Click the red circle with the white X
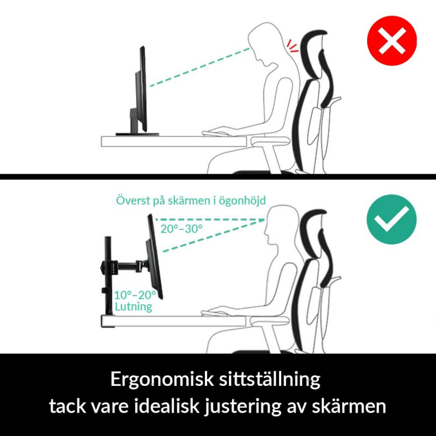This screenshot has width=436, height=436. point(391,41)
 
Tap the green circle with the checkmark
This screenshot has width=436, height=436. point(391,219)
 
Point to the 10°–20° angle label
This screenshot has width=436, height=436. point(135,295)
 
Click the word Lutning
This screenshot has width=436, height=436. point(133,307)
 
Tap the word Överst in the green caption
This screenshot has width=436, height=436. point(134,201)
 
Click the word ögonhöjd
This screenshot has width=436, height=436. point(242,201)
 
